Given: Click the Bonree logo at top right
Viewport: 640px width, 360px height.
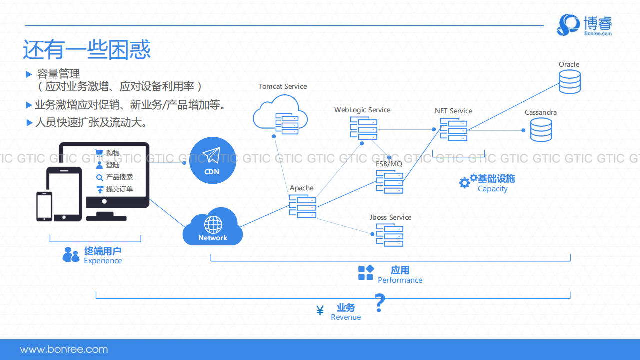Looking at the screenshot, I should (584, 25).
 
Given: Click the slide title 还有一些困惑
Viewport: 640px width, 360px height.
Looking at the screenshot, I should (86, 49).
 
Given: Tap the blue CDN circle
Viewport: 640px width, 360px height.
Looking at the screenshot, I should (212, 160).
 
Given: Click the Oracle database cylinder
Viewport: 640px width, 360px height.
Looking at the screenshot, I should (569, 81).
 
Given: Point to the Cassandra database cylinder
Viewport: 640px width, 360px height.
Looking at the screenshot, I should (541, 129).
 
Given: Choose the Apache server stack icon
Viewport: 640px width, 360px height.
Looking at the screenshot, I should (303, 206).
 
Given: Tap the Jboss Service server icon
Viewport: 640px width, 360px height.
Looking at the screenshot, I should (390, 235).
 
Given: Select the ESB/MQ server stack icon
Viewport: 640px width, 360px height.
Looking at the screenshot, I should (390, 182).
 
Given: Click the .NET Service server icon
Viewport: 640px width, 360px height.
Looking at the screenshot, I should (454, 129).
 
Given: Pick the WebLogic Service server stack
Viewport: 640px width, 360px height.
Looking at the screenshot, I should (364, 128).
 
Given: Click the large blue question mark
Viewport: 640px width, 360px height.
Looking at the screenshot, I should (380, 303).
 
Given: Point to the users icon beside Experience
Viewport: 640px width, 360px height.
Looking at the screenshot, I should (71, 255).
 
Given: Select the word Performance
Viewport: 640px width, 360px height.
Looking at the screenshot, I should (400, 280).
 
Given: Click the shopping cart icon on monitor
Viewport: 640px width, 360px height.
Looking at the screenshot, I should (99, 153).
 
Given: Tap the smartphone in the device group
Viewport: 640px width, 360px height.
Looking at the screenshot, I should (44, 206).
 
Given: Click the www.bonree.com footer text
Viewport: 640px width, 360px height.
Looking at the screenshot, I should (64, 349).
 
